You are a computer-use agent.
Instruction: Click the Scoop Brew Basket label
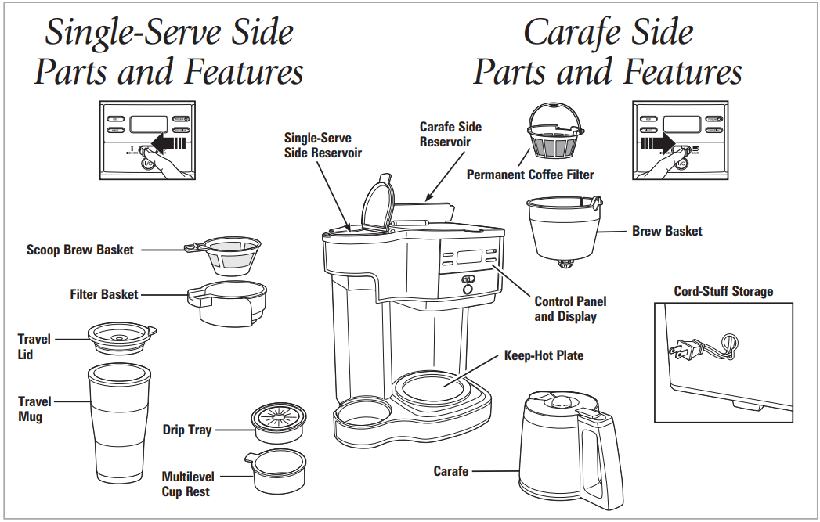pyautogui.click(x=80, y=250)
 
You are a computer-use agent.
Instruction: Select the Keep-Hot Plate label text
pyautogui.click(x=544, y=356)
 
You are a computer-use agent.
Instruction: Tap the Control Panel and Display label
pyautogui.click(x=570, y=309)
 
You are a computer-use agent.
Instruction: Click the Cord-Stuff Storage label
pyautogui.click(x=723, y=292)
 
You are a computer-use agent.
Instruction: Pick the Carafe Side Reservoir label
pyautogui.click(x=450, y=134)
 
